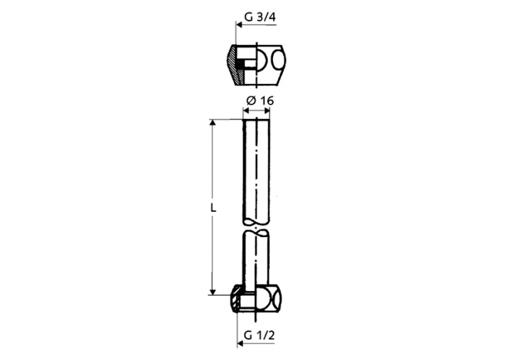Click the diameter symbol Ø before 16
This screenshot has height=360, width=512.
[251, 100]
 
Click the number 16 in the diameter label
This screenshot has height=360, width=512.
[267, 100]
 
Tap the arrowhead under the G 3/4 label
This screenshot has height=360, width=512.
[240, 25]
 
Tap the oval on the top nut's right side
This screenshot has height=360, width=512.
[279, 62]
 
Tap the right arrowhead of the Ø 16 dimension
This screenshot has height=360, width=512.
[267, 112]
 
